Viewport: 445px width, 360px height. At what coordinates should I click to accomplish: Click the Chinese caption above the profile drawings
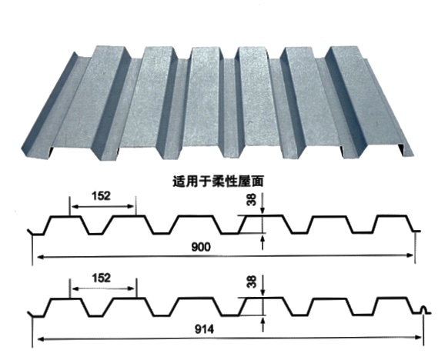click(218, 182)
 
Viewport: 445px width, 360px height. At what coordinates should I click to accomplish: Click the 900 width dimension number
click(201, 247)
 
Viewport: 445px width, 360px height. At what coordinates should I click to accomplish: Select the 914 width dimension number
click(204, 329)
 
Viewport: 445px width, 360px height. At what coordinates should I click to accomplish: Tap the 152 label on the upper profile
click(101, 196)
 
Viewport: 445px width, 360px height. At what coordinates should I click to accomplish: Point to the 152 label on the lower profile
click(101, 278)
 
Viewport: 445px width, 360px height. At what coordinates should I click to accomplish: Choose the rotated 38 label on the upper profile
click(252, 199)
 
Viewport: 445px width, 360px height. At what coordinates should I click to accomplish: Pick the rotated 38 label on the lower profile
click(252, 282)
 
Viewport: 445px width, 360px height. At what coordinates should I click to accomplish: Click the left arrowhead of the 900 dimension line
click(40, 257)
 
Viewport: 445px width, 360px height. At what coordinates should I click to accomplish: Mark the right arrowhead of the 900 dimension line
click(410, 255)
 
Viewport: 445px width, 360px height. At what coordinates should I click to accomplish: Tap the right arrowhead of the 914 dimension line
click(418, 338)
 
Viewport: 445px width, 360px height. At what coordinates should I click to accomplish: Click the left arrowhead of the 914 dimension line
click(40, 339)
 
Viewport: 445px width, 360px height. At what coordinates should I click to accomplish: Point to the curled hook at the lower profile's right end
click(425, 310)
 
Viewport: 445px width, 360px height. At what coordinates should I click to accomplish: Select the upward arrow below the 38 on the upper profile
click(263, 243)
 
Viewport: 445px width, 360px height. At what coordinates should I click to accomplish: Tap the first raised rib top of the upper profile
click(65, 217)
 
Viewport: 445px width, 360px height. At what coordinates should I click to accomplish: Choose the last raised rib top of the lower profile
click(392, 298)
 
